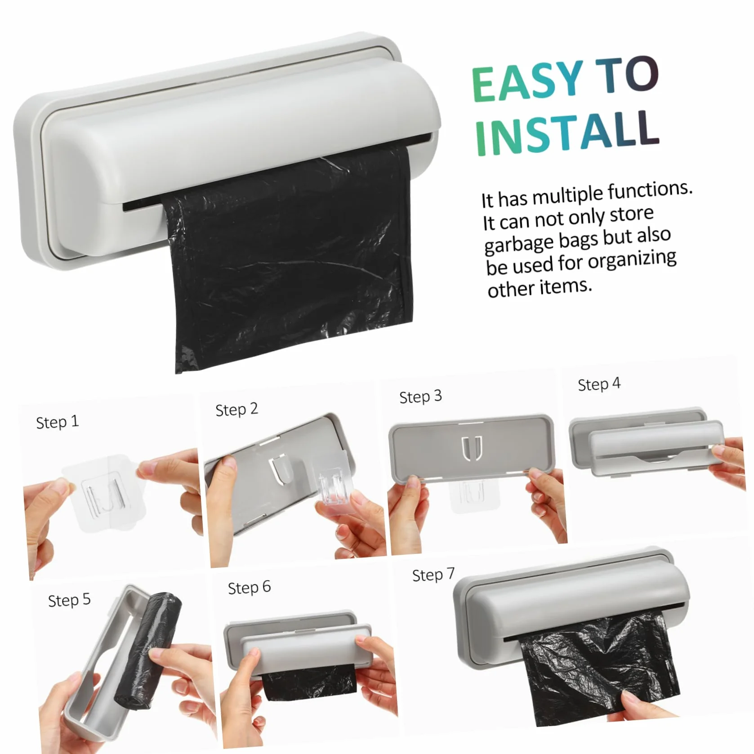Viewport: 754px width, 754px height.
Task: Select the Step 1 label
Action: coord(57,422)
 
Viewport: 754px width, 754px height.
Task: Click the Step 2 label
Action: coord(236,410)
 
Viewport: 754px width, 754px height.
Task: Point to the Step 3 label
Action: coord(420,397)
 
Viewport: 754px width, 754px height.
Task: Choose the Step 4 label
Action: coord(599,384)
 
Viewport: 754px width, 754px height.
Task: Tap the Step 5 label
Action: coord(69,600)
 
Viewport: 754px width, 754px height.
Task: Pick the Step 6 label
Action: coord(249,588)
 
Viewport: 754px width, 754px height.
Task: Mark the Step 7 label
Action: coord(433,575)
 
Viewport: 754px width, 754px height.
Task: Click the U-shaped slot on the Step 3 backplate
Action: coord(472,448)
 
